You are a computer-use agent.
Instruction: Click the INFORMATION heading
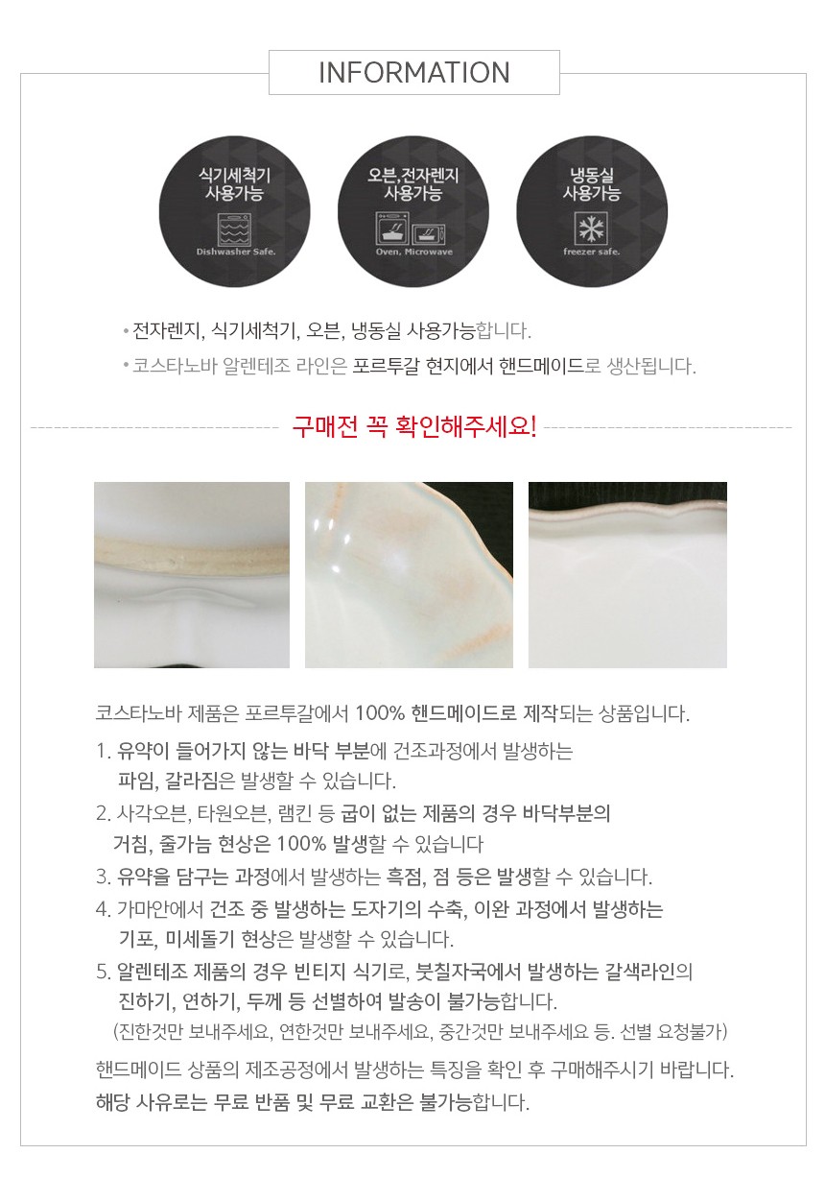[413, 73]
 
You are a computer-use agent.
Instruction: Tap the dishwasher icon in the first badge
[234, 227]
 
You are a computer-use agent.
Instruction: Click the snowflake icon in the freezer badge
[591, 228]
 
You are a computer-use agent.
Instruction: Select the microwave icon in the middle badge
[428, 230]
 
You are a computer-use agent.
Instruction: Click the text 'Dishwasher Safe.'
[234, 252]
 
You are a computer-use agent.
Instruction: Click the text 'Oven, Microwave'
[412, 252]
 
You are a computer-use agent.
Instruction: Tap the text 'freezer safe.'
[591, 252]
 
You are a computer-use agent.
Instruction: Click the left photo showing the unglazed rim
[192, 574]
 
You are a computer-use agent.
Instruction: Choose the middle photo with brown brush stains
[409, 574]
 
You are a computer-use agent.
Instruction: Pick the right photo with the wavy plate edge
[627, 574]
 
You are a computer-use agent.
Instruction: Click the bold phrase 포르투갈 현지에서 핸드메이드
[468, 366]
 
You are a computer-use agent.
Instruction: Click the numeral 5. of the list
[104, 972]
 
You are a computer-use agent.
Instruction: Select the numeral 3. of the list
[104, 877]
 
